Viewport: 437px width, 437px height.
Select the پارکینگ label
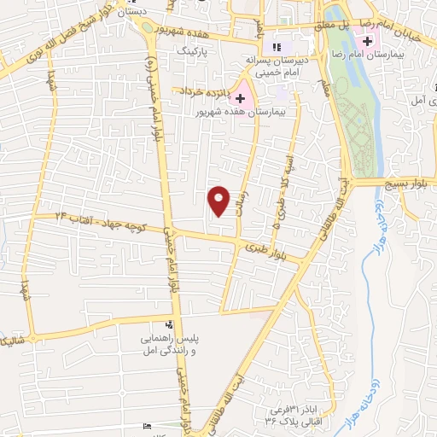tap(192, 51)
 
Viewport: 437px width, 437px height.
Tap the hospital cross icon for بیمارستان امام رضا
tap(368, 41)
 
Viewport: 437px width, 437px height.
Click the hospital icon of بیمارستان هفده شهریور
tap(242, 98)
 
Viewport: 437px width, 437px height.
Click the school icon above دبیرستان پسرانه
tap(275, 47)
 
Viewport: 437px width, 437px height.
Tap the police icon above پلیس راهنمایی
tap(169, 324)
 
